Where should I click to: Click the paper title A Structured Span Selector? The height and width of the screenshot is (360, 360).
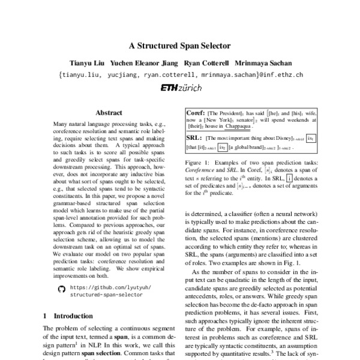(180, 46)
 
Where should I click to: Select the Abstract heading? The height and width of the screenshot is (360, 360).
(109, 112)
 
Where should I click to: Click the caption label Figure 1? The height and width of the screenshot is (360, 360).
(199, 163)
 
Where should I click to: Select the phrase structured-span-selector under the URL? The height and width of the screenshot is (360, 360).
(107, 296)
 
